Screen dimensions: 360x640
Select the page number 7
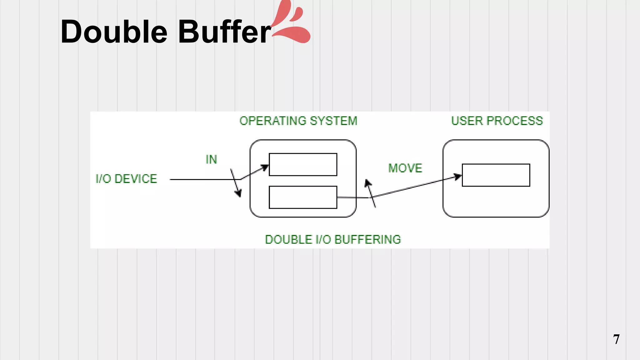616,339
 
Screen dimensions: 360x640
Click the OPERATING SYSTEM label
298,121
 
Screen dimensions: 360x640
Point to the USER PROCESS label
497,121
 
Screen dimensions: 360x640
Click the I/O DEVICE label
126,179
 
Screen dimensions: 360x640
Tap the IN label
211,160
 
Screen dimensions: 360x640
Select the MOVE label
405,168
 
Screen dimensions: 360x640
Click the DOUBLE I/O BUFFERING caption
333,239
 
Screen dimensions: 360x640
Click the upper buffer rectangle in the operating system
303,165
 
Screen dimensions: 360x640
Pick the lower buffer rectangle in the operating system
303,197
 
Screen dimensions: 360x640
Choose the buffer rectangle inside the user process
496,175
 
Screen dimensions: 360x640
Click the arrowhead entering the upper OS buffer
265,168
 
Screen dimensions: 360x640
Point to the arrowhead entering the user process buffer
458,177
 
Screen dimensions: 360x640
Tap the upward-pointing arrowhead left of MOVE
368,183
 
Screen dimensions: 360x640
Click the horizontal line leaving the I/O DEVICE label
203,179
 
